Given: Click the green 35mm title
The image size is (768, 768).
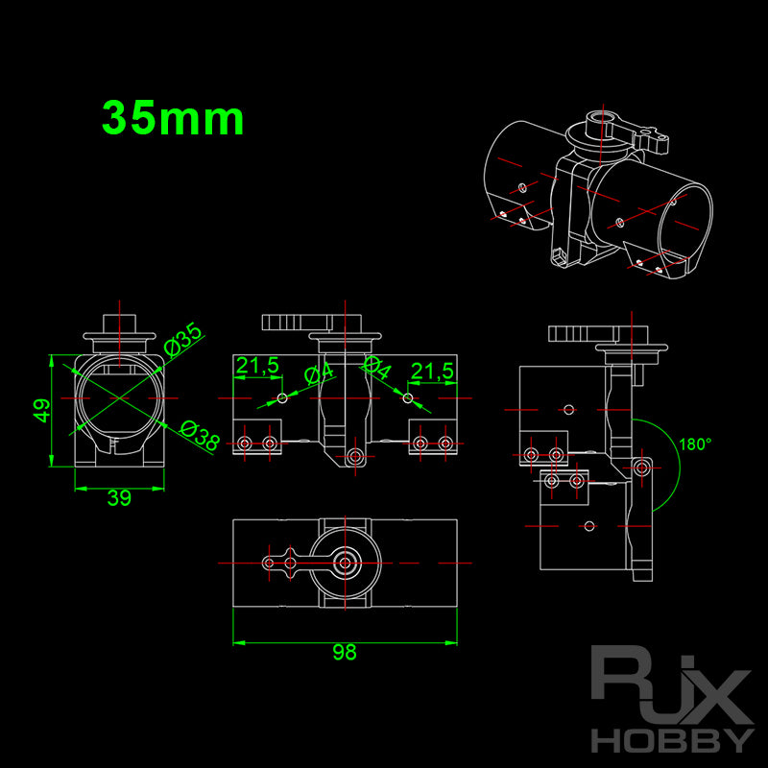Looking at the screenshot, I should tap(173, 119).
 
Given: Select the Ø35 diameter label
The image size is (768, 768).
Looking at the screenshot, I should tap(183, 339).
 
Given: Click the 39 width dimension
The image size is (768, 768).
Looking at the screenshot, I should tap(119, 498).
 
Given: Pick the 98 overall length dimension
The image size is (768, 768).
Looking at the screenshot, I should tap(344, 653).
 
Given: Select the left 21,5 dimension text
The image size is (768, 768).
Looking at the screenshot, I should tap(257, 366).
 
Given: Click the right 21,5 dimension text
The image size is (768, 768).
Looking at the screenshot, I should tap(432, 371).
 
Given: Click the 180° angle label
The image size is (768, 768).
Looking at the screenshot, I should tap(695, 444).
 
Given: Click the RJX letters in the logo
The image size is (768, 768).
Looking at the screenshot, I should tap(669, 685).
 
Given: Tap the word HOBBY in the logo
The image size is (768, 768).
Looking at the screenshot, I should tap(669, 739).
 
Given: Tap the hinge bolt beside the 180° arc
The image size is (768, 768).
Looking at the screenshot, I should tap(642, 466).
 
